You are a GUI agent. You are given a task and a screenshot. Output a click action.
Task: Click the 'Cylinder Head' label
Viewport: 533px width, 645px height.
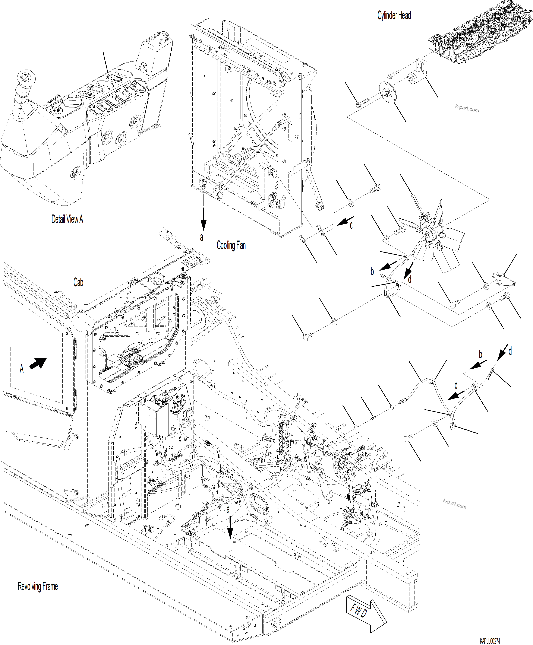tap(394, 15)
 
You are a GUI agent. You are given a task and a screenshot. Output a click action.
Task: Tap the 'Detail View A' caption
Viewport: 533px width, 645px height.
tap(67, 219)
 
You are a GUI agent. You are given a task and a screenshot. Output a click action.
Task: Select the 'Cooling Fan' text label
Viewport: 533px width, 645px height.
tap(231, 245)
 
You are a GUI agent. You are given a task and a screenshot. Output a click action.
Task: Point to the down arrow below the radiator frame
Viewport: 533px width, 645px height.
tap(203, 219)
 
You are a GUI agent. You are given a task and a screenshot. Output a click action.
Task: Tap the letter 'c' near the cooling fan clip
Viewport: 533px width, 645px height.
tap(351, 226)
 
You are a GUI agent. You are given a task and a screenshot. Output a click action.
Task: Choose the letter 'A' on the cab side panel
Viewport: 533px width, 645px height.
tap(22, 369)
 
